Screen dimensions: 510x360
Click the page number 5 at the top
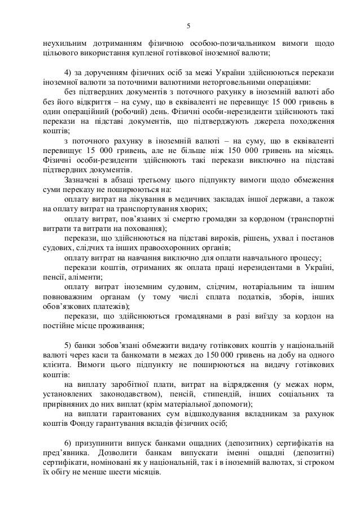(189, 25)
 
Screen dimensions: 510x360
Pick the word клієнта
(56, 364)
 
